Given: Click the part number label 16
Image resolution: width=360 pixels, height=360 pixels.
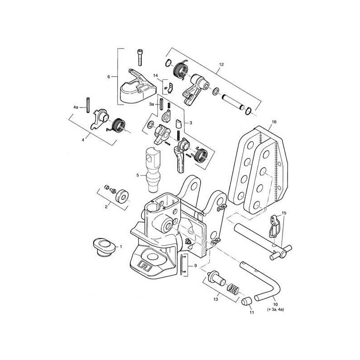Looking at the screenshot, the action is pyautogui.click(x=274, y=121).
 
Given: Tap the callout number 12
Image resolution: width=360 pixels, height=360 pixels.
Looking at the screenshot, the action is pyautogui.click(x=221, y=64).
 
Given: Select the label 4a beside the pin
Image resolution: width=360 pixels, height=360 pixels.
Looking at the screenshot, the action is pyautogui.click(x=76, y=107).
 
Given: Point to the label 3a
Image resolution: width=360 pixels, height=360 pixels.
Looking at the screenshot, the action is pyautogui.click(x=151, y=104).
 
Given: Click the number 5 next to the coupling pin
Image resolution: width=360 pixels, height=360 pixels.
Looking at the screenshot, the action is pyautogui.click(x=138, y=175).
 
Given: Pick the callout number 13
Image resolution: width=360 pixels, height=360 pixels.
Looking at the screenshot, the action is pyautogui.click(x=216, y=299).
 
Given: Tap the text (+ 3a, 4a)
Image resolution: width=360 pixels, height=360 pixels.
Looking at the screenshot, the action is pyautogui.click(x=275, y=310).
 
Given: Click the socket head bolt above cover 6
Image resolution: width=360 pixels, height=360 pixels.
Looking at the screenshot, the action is pyautogui.click(x=139, y=57).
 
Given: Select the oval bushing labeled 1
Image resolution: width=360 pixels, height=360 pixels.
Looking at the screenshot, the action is pyautogui.click(x=104, y=247).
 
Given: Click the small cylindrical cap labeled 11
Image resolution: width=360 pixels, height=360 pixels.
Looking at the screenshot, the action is pyautogui.click(x=247, y=301).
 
